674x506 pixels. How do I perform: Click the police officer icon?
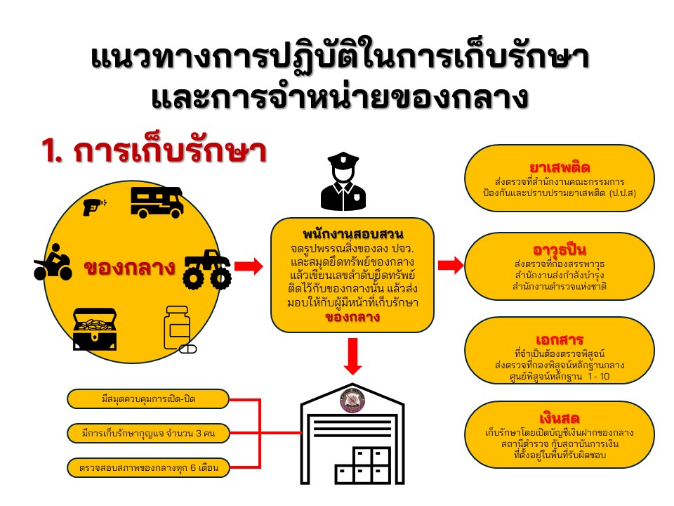pyautogui.click(x=344, y=183)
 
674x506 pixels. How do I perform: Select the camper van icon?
pyautogui.click(x=157, y=202)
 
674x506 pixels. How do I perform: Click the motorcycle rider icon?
pyautogui.click(x=53, y=266)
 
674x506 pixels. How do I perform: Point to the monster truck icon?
pyautogui.click(x=207, y=269)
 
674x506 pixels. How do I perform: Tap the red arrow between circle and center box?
pyautogui.click(x=247, y=266)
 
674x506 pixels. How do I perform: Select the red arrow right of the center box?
pyautogui.click(x=450, y=265)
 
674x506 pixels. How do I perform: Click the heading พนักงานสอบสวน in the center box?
pyautogui.click(x=352, y=234)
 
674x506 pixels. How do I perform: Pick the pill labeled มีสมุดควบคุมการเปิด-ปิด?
pyautogui.click(x=149, y=400)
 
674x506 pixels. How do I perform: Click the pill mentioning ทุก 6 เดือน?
pyautogui.click(x=149, y=467)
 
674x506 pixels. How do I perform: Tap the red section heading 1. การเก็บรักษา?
pyautogui.click(x=154, y=153)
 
